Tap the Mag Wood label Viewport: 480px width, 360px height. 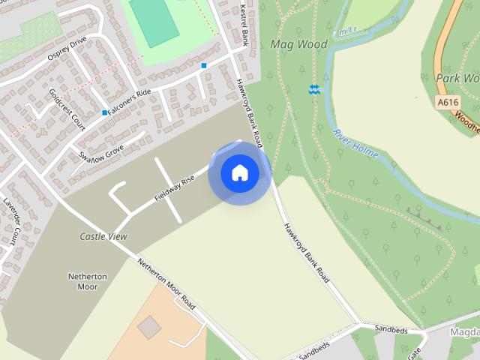coord(298,44)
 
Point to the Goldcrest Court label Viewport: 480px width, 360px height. coord(67,109)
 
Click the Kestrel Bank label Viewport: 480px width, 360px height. coord(244,25)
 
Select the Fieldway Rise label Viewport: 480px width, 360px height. coord(175,187)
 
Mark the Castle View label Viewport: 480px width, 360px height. coord(103,236)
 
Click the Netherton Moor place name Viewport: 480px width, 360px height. coord(88,281)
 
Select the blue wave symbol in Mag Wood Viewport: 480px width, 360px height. coord(314,90)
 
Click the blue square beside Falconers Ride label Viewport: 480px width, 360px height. coord(104,113)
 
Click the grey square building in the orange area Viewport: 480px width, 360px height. coord(149,326)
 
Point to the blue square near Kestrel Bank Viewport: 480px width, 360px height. coord(203,66)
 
